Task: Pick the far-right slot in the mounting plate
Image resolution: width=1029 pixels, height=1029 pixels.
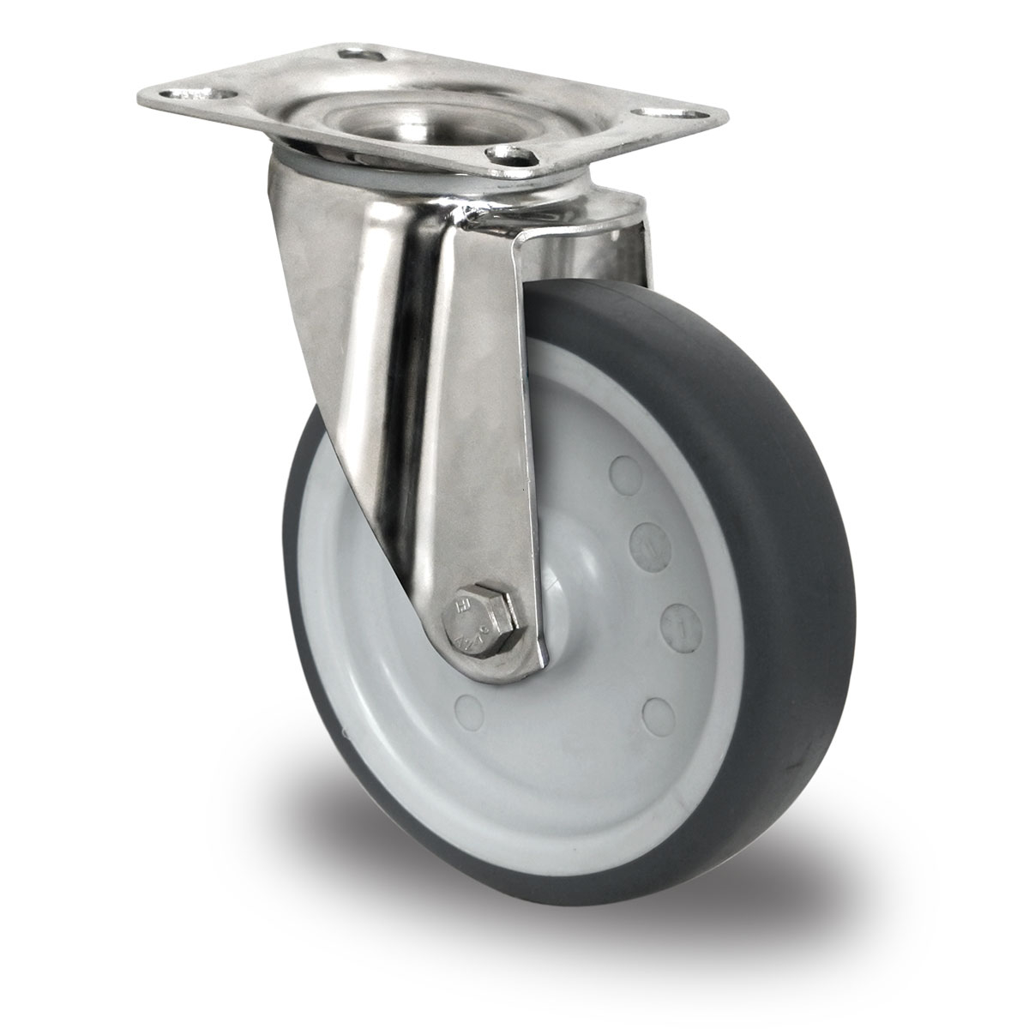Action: (665, 112)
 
